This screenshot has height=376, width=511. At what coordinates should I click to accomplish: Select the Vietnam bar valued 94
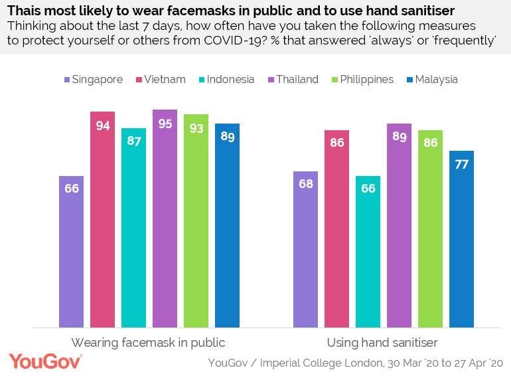(103, 219)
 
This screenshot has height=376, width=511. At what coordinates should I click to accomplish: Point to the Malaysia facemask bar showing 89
(227, 225)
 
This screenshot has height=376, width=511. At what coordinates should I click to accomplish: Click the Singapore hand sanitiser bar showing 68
(305, 249)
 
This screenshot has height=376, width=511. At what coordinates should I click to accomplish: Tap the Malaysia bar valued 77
(461, 238)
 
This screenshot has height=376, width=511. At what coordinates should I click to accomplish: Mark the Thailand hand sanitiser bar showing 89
(399, 225)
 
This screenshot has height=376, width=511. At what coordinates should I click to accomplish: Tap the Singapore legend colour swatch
(68, 80)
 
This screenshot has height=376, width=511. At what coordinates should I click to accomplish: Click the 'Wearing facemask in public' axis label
(149, 343)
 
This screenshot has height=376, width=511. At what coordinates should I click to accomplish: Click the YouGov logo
(45, 362)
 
